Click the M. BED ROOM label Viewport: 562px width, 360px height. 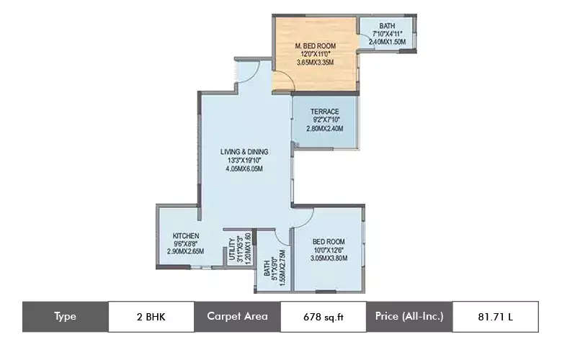316,46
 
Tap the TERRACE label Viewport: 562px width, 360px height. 325,112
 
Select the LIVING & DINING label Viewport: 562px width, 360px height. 244,152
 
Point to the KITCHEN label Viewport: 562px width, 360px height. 185,235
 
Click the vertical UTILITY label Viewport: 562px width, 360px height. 232,251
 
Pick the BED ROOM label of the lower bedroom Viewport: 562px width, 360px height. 329,241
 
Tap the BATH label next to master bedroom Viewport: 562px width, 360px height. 388,25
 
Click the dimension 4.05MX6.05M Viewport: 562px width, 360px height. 244,169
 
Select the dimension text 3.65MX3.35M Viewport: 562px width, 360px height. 316,63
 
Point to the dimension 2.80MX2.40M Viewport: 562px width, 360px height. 325,129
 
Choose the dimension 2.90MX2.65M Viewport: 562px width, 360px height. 185,251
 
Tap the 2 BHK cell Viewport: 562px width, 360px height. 151,316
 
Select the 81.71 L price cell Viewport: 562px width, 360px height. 496,316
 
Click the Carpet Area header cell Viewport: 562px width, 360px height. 237,316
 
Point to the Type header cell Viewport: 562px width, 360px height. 65,316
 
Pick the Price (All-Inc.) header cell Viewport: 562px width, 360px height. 409,316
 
